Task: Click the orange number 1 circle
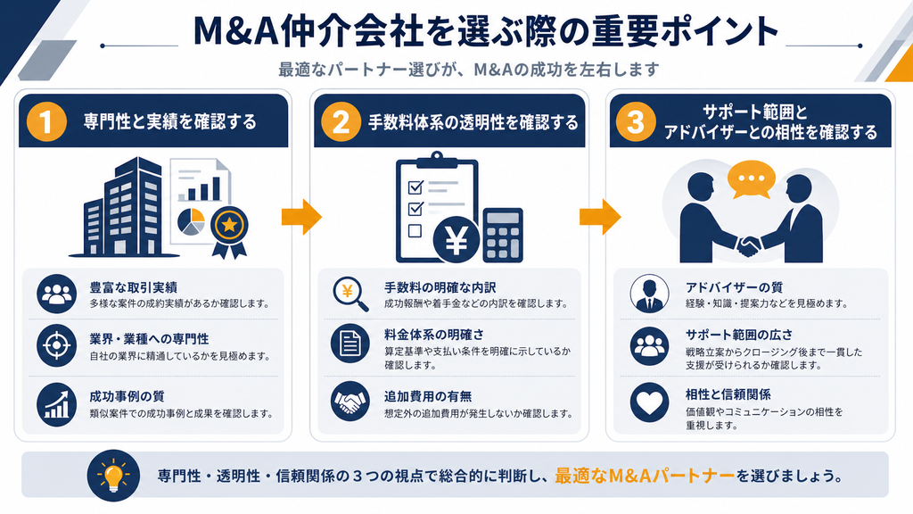pyautogui.click(x=46, y=121)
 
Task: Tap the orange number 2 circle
pyautogui.click(x=341, y=121)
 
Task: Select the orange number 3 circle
pyautogui.click(x=636, y=121)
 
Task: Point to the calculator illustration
pyautogui.click(x=503, y=235)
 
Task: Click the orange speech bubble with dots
pyautogui.click(x=751, y=178)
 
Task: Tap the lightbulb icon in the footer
pyautogui.click(x=113, y=476)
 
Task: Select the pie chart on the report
pyautogui.click(x=191, y=221)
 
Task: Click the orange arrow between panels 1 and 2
pyautogui.click(x=301, y=217)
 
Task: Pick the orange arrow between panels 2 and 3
pyautogui.click(x=600, y=217)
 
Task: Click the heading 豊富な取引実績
pyautogui.click(x=134, y=287)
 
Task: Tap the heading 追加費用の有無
pyautogui.click(x=428, y=396)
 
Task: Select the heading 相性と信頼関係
pyautogui.click(x=728, y=394)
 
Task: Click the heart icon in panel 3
pyautogui.click(x=649, y=402)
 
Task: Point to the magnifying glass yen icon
pyautogui.click(x=350, y=293)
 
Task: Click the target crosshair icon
pyautogui.click(x=56, y=345)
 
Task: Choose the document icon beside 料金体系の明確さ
pyautogui.click(x=350, y=343)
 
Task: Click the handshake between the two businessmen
pyautogui.click(x=748, y=245)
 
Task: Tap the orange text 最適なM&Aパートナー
pyautogui.click(x=645, y=476)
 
